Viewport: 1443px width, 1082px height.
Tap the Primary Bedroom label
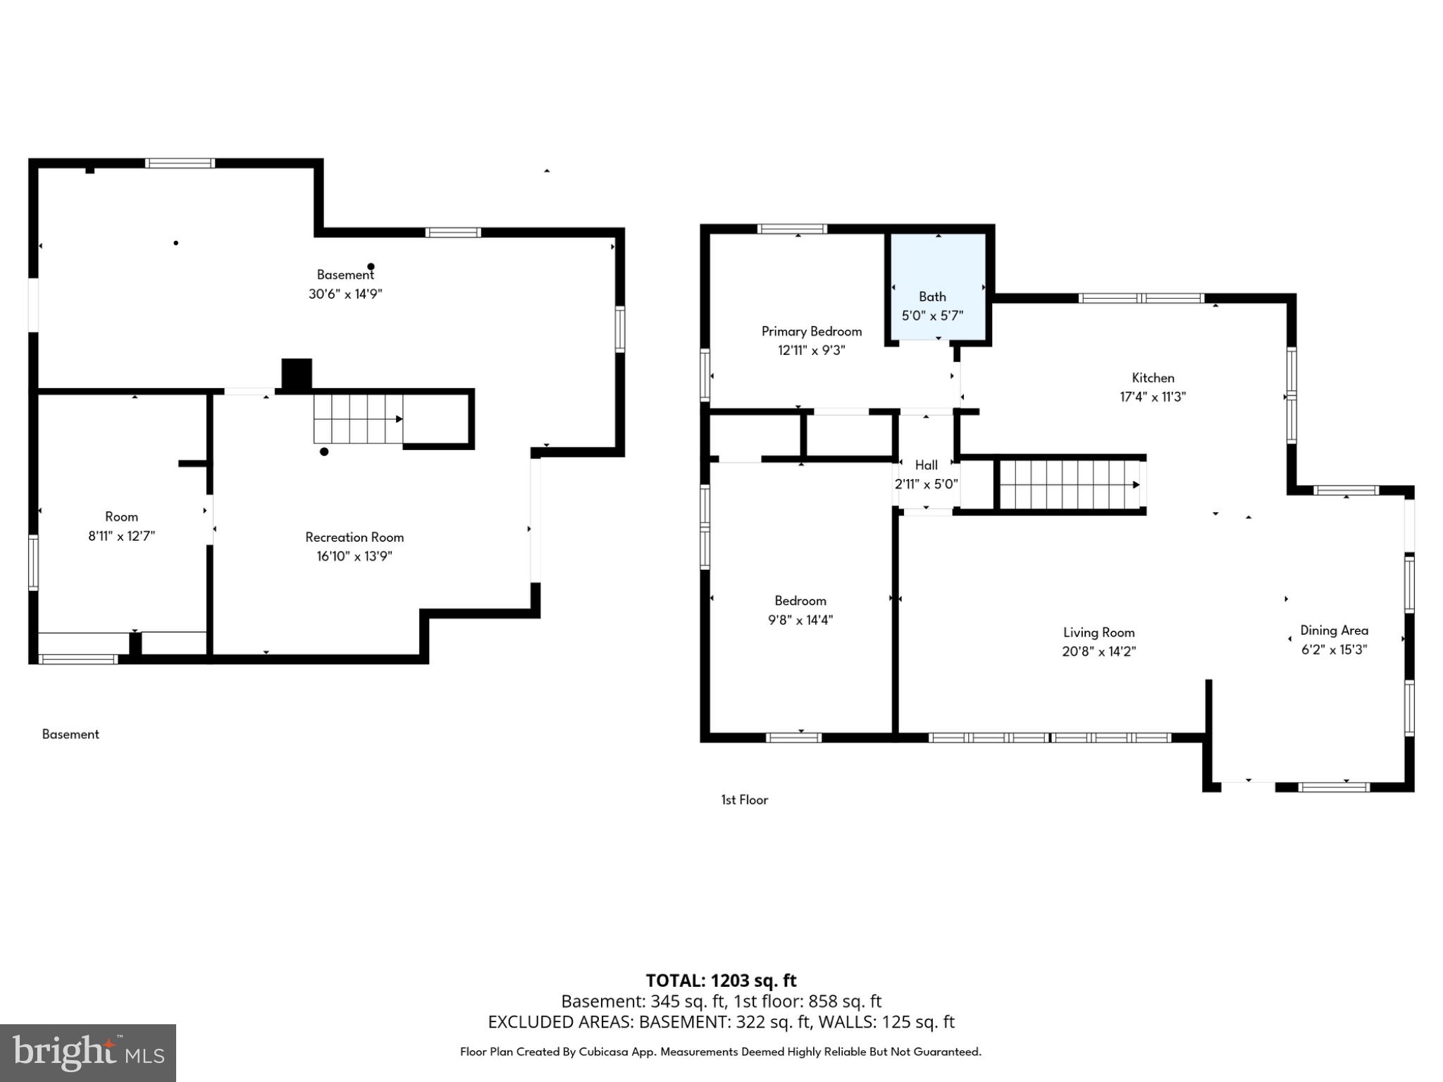click(x=811, y=331)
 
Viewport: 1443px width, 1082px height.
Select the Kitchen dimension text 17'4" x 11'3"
click(x=1153, y=397)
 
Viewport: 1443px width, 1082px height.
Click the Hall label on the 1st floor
click(x=926, y=465)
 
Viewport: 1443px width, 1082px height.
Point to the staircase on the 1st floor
click(x=1068, y=485)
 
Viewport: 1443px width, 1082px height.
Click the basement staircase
click(x=358, y=418)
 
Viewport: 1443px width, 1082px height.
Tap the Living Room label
click(x=1098, y=633)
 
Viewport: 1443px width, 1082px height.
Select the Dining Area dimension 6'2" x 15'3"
click(x=1334, y=649)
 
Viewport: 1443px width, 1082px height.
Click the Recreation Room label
click(x=354, y=537)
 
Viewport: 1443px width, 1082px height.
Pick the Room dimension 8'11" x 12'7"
click(x=121, y=535)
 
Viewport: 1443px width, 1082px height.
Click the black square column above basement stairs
click(x=297, y=374)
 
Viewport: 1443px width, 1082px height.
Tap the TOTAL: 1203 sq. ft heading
click(x=721, y=981)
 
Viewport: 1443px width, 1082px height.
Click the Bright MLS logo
click(x=88, y=1052)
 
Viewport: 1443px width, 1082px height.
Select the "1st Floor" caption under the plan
click(x=744, y=800)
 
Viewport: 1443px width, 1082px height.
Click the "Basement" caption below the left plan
click(x=70, y=734)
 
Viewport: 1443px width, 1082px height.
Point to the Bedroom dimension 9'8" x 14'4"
click(x=800, y=620)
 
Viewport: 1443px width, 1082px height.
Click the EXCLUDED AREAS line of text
click(x=721, y=1021)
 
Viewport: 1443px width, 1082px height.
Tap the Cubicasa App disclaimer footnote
click(x=720, y=1052)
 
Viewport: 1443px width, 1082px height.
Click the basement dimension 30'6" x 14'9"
click(x=345, y=294)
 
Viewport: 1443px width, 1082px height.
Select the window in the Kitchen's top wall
click(x=1141, y=298)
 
